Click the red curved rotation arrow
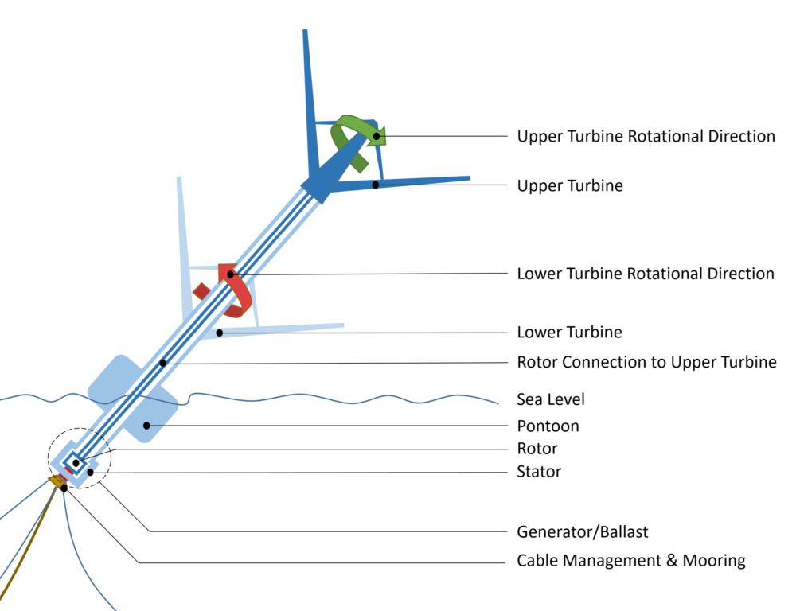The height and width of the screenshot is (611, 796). pyautogui.click(x=239, y=290)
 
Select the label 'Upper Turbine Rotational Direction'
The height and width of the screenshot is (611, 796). pyautogui.click(x=646, y=136)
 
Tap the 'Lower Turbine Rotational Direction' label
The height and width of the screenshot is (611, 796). pyautogui.click(x=646, y=274)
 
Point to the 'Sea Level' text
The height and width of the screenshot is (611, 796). pyautogui.click(x=551, y=399)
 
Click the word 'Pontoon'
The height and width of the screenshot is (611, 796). pyautogui.click(x=548, y=426)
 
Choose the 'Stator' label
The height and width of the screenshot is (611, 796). pyautogui.click(x=539, y=472)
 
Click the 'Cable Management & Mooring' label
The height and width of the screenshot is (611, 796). pyautogui.click(x=631, y=561)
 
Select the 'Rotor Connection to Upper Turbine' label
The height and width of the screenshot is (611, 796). pyautogui.click(x=646, y=362)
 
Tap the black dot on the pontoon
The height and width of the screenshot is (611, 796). pyautogui.click(x=146, y=426)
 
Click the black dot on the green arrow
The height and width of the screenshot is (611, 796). pyautogui.click(x=377, y=136)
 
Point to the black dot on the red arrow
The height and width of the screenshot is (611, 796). pyautogui.click(x=231, y=274)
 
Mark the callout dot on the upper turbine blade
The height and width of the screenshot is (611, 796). pyautogui.click(x=375, y=185)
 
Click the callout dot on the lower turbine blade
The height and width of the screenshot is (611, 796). pyautogui.click(x=219, y=332)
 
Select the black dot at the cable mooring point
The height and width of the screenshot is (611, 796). pyautogui.click(x=64, y=488)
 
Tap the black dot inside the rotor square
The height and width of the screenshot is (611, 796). pyautogui.click(x=76, y=462)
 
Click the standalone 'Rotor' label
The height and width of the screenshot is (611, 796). pyautogui.click(x=537, y=449)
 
